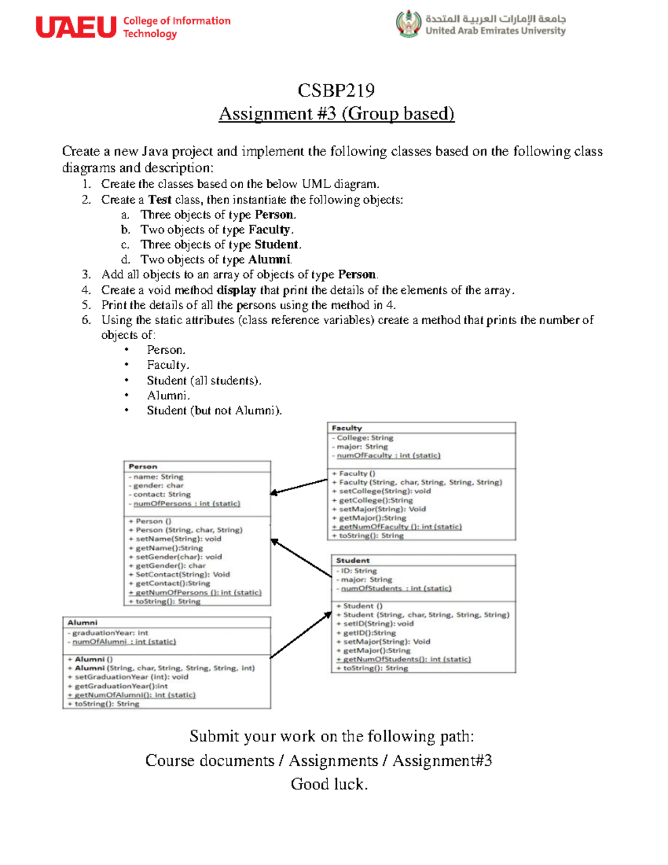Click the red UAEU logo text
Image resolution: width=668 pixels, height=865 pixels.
(76, 27)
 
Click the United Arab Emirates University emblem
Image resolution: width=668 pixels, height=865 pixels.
(409, 24)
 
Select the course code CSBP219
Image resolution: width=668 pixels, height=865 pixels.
(336, 90)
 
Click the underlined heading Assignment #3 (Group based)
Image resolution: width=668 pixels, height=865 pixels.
(336, 114)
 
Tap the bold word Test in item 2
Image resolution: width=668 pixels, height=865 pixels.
(160, 199)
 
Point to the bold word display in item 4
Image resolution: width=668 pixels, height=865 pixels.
(236, 290)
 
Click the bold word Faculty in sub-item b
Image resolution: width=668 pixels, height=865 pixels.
(269, 229)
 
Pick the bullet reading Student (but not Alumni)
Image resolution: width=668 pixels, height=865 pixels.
(214, 410)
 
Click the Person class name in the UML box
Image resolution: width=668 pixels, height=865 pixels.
(143, 466)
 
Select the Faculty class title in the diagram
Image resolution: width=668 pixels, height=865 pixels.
(346, 428)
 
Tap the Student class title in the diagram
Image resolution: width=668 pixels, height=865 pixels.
(352, 560)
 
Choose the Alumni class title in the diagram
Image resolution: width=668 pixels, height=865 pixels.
(82, 622)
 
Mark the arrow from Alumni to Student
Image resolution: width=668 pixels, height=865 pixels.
(301, 634)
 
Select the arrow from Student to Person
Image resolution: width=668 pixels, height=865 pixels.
(301, 558)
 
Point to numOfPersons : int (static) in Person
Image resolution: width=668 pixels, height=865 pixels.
(186, 504)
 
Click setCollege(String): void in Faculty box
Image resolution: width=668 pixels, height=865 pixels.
(384, 491)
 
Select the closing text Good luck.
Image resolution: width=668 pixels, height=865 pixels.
(329, 784)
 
